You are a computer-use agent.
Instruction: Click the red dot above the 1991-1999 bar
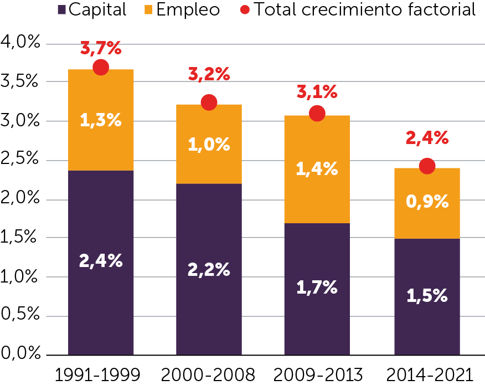(101, 67)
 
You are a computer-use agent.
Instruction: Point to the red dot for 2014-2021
(427, 166)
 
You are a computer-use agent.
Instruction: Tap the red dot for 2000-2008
(209, 102)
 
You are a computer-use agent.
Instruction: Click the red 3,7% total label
(101, 49)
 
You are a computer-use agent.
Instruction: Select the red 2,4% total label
(427, 138)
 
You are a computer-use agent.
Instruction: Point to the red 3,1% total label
(317, 92)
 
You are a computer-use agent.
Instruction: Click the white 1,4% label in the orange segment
(317, 170)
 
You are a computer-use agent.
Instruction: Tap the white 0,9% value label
(427, 202)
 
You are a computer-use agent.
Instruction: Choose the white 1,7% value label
(317, 288)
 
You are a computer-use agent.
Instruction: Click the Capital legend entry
(92, 9)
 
